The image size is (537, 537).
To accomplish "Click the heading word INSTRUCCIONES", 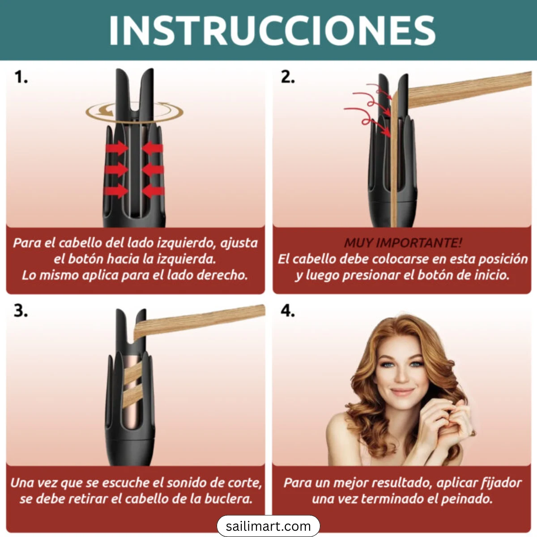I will [x=272, y=30].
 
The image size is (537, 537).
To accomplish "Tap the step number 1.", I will [x=21, y=77].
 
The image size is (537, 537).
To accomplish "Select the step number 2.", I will [x=288, y=77].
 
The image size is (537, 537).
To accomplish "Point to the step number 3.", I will [x=21, y=311].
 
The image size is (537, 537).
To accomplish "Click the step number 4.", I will [x=288, y=311].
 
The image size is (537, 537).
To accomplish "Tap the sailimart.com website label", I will [x=268, y=526].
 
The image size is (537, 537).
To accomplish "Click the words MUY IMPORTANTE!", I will [x=403, y=243].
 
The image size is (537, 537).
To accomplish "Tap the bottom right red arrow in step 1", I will [x=153, y=191].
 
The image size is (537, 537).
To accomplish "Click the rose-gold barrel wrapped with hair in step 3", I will [x=132, y=385].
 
